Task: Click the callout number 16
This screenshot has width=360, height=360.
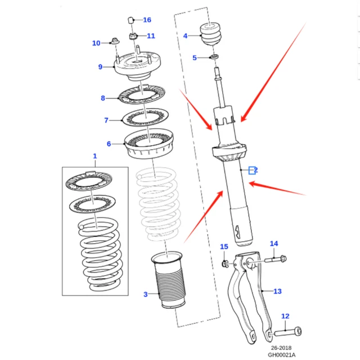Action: pyautogui.click(x=147, y=20)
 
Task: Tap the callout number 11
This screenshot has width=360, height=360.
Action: pyautogui.click(x=151, y=36)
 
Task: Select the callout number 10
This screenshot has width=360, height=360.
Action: pyautogui.click(x=96, y=43)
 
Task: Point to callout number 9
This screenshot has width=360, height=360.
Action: pyautogui.click(x=100, y=67)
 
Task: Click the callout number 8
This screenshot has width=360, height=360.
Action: pyautogui.click(x=103, y=98)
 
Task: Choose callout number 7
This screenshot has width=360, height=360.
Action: pyautogui.click(x=106, y=120)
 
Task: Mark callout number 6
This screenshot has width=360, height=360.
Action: pyautogui.click(x=109, y=144)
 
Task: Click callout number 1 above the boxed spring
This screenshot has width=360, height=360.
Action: pyautogui.click(x=94, y=156)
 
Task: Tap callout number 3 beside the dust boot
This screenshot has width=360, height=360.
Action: pyautogui.click(x=145, y=294)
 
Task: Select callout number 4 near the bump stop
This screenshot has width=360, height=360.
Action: pyautogui.click(x=185, y=36)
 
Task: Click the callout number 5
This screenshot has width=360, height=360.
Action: pyautogui.click(x=195, y=57)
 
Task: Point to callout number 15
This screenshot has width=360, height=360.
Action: pyautogui.click(x=224, y=247)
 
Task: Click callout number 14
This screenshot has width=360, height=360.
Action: pyautogui.click(x=274, y=244)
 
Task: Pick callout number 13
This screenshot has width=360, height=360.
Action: pyautogui.click(x=277, y=291)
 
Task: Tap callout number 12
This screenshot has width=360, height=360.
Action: pyautogui.click(x=285, y=316)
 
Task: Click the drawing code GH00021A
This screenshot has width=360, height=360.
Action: pyautogui.click(x=281, y=354)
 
